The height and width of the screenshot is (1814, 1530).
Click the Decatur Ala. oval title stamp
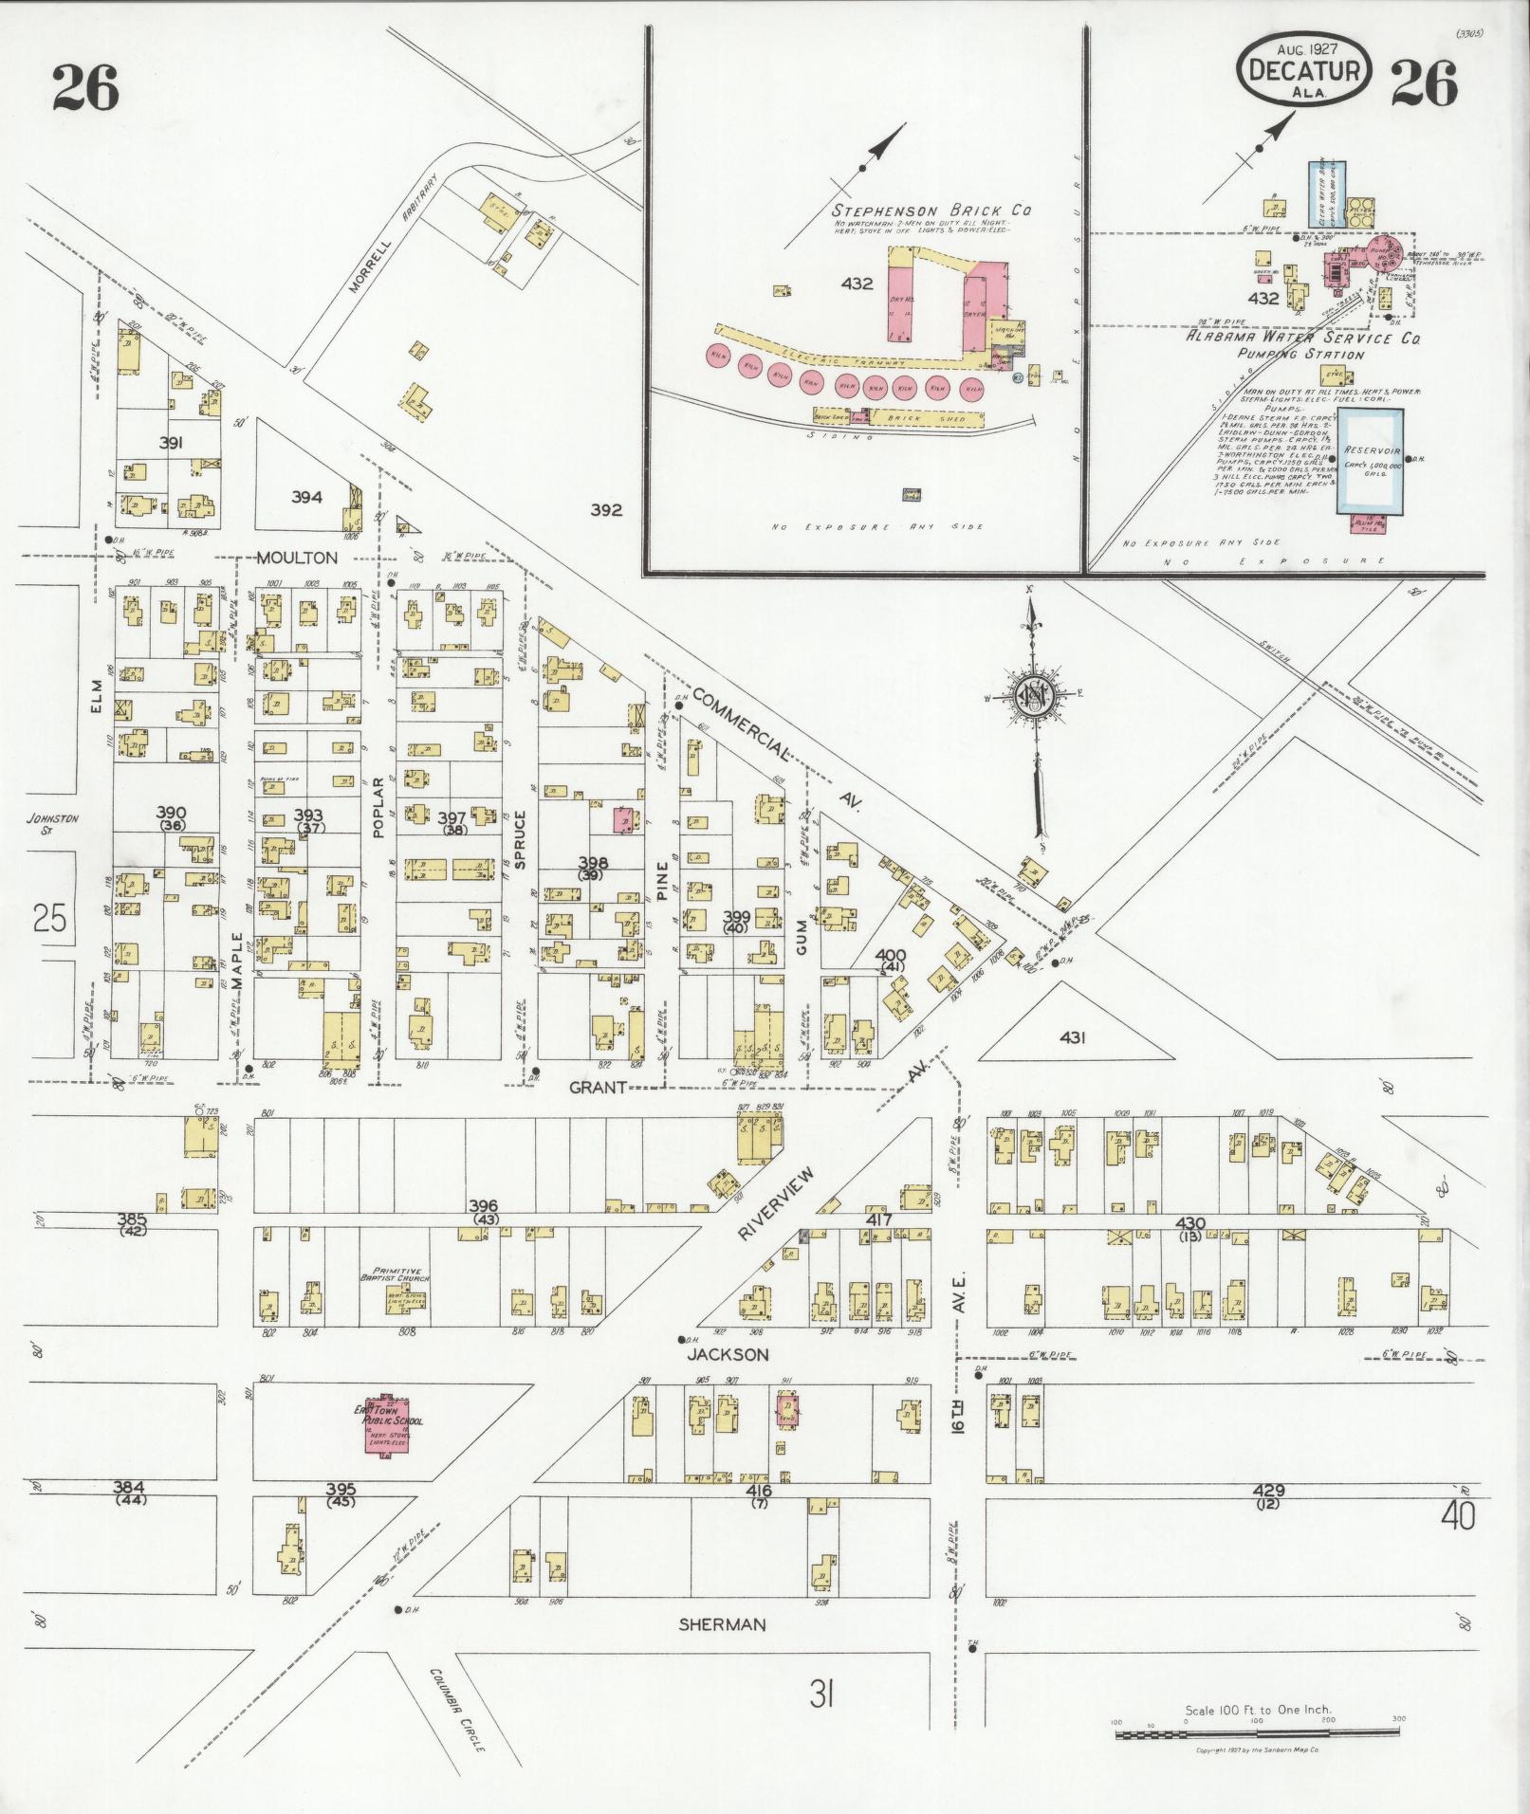[1304, 70]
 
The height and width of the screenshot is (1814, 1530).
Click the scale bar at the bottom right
[1258, 1734]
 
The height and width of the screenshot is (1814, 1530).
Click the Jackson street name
[729, 1354]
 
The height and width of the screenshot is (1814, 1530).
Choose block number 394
[306, 496]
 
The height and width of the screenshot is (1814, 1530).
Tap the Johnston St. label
[52, 824]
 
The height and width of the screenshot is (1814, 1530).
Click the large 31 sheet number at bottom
[821, 1694]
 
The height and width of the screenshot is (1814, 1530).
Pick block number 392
[605, 509]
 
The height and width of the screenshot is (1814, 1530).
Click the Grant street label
[599, 1087]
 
